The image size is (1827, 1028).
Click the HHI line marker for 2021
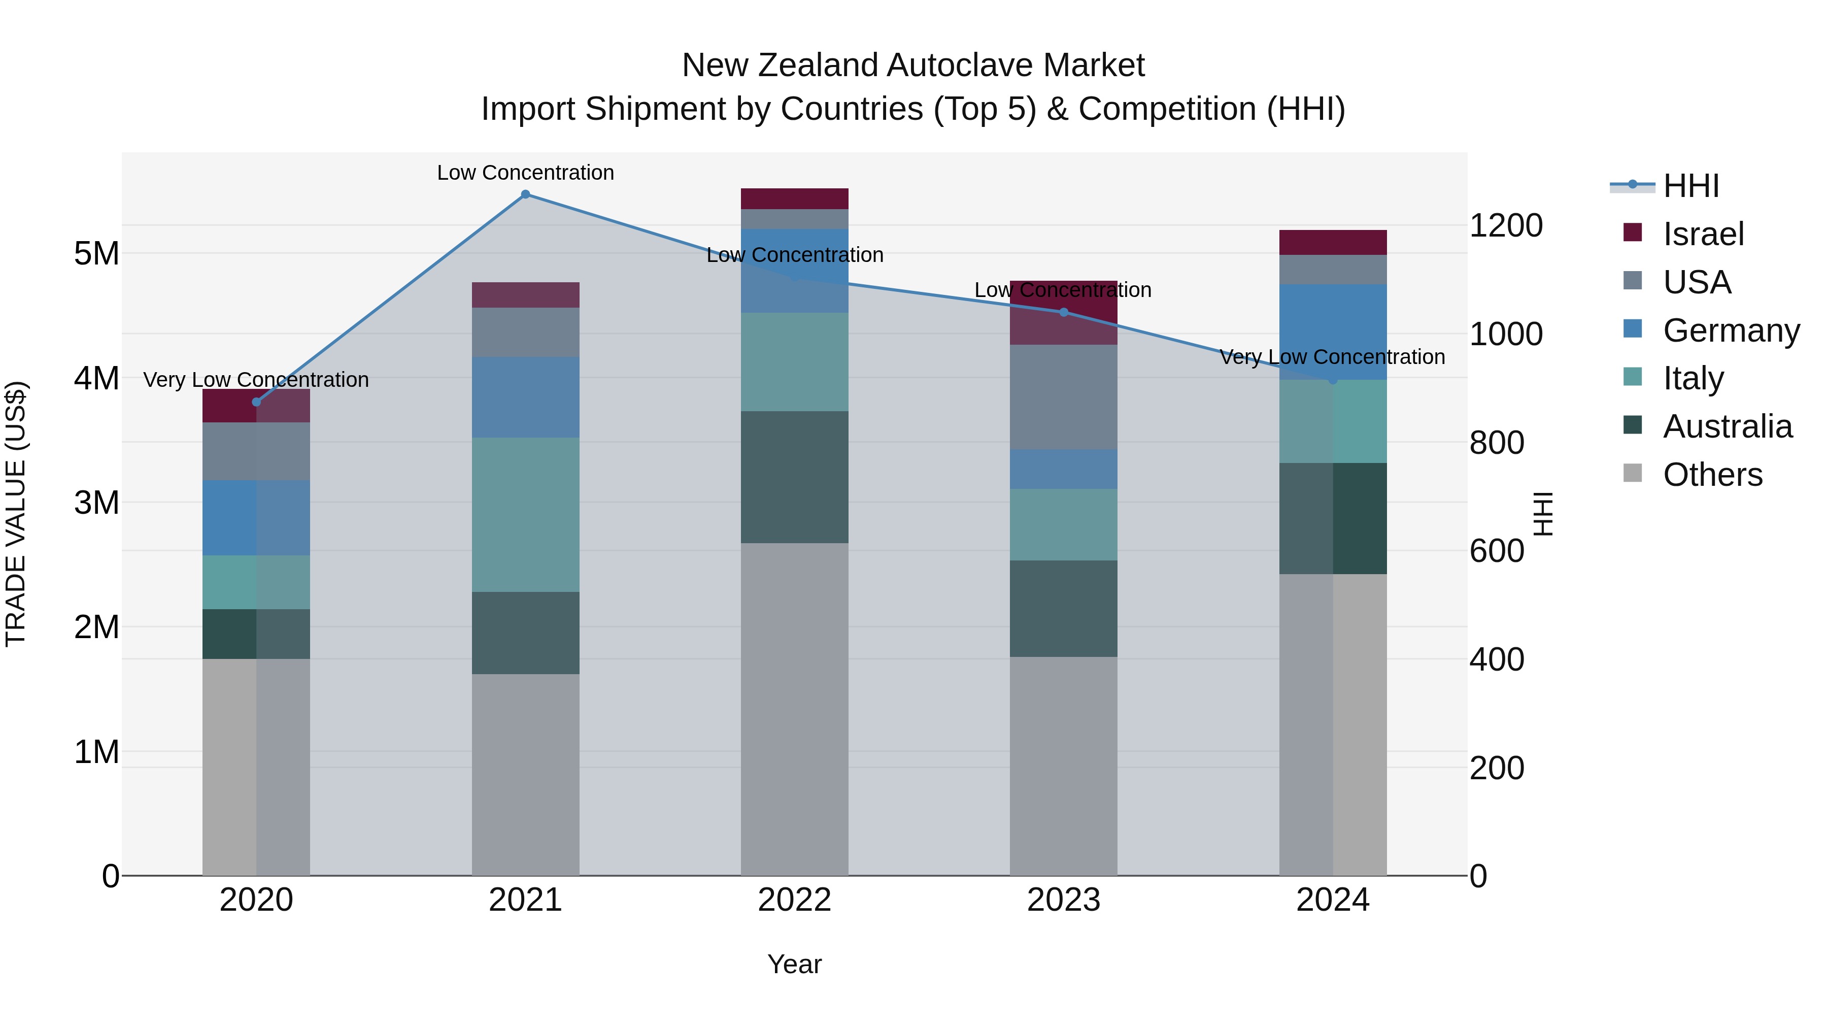pos(526,194)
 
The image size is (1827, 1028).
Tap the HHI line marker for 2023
pos(1063,312)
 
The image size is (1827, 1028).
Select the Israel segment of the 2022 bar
pos(794,198)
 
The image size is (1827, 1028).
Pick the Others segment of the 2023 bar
pos(1063,766)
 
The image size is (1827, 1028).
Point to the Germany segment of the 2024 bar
pos(1333,332)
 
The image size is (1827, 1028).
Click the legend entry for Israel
pos(1703,234)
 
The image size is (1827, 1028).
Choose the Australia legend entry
pos(1727,426)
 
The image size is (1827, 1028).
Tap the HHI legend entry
pos(1691,186)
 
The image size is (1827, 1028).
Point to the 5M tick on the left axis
pos(96,253)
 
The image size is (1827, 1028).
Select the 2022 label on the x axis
pos(794,900)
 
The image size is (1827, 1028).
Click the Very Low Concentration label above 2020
pos(256,380)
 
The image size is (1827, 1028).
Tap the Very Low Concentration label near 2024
pos(1332,357)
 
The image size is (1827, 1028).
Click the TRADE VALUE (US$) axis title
pos(16,514)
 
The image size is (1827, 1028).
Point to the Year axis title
pos(794,964)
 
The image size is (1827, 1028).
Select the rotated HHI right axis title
pos(1543,514)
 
